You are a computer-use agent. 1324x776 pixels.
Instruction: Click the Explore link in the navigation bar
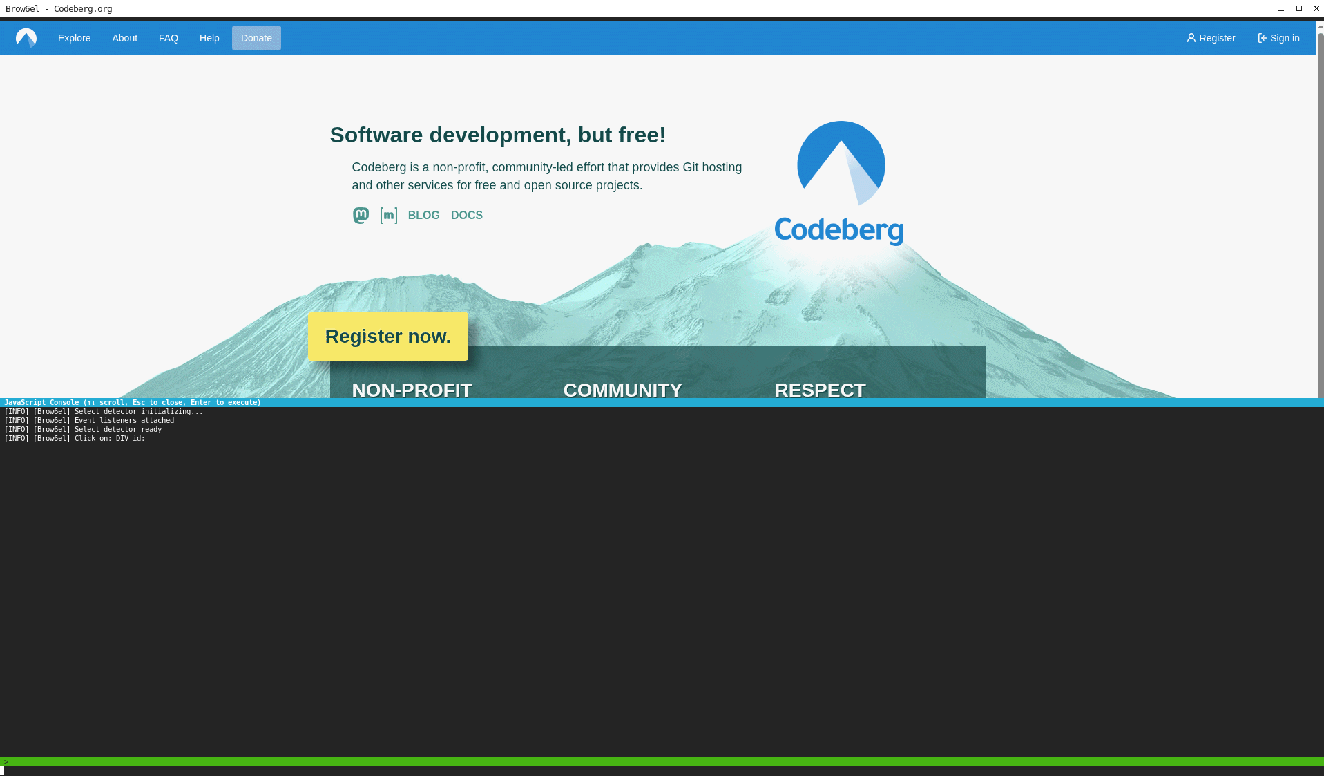click(x=74, y=38)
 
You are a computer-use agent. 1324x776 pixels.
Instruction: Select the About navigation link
click(x=124, y=38)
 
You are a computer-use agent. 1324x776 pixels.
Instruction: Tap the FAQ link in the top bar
click(x=168, y=38)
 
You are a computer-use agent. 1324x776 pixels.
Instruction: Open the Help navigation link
click(x=209, y=38)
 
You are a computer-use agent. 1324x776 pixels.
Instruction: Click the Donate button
click(x=256, y=38)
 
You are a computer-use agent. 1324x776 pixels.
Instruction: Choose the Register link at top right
click(x=1211, y=38)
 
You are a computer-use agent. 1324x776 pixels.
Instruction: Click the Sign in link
click(x=1278, y=38)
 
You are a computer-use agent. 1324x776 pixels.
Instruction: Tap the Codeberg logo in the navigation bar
click(x=26, y=38)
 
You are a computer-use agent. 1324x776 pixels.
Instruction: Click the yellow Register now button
click(x=387, y=337)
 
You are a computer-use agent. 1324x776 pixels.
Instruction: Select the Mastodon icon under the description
click(x=361, y=216)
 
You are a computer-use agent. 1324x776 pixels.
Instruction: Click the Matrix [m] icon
click(x=388, y=216)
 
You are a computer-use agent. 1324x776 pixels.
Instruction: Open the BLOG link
click(x=423, y=216)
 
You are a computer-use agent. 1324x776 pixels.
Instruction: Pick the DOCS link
click(x=466, y=216)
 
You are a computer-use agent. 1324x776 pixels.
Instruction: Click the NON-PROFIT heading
click(x=412, y=390)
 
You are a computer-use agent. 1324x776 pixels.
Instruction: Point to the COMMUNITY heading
click(x=622, y=390)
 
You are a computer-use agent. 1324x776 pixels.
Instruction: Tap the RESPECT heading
click(x=820, y=390)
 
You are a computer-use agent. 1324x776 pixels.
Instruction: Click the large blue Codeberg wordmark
click(x=838, y=230)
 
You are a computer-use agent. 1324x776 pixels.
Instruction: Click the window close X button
click(x=1316, y=8)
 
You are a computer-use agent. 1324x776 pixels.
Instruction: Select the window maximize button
click(x=1298, y=8)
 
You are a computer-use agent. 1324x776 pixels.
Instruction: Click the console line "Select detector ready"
click(x=117, y=429)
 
